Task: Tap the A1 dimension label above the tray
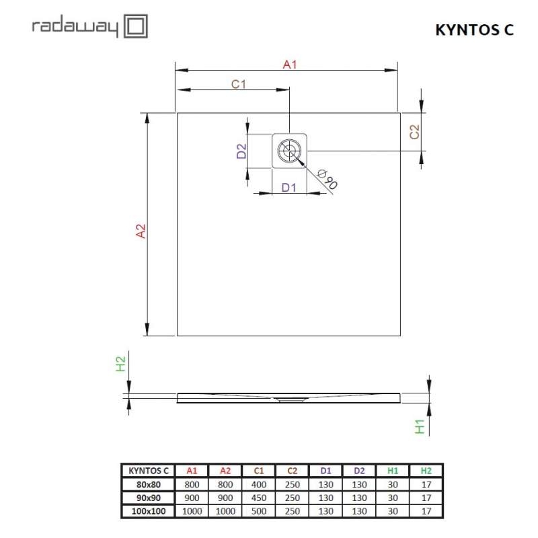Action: point(290,65)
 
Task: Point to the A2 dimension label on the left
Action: point(141,231)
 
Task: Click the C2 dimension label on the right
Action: point(415,131)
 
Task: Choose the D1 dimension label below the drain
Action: point(289,188)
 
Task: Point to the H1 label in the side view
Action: point(420,426)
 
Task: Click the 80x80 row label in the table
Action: point(147,484)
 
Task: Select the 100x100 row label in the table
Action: point(147,511)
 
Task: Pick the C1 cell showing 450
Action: point(258,498)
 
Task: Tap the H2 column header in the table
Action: point(426,471)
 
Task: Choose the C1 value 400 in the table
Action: point(258,484)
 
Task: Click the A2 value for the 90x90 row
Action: point(225,498)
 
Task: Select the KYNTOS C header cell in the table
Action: point(147,471)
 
